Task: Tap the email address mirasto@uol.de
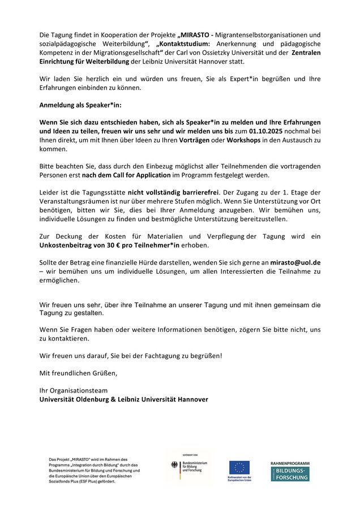click(x=295, y=262)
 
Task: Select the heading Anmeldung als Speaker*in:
click(x=80, y=105)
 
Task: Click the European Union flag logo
click(x=239, y=468)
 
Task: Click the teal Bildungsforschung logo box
click(x=290, y=474)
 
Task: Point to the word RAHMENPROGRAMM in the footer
click(x=290, y=463)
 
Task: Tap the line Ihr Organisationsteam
click(x=73, y=390)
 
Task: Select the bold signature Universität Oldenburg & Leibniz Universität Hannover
click(x=123, y=399)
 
